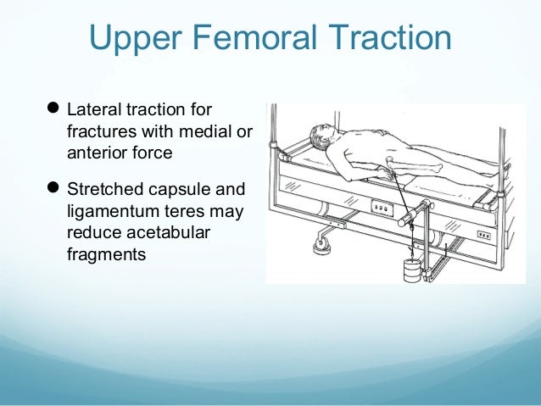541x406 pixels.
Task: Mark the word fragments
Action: pyautogui.click(x=101, y=254)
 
